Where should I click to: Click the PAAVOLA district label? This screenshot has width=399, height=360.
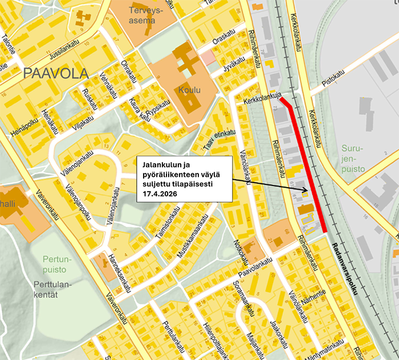[x=56, y=74]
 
